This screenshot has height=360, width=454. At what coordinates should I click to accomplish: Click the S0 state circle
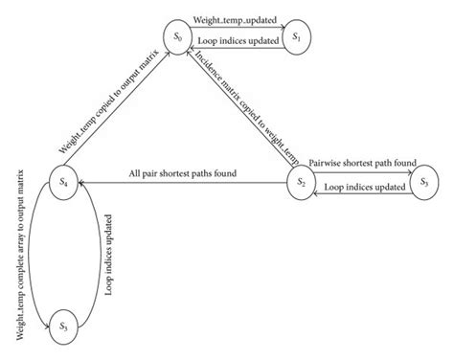[x=177, y=37]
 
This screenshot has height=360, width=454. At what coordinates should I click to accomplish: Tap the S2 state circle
[x=300, y=180]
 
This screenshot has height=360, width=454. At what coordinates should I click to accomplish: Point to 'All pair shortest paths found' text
[x=183, y=172]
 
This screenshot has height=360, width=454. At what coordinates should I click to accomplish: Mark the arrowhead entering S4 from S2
[x=82, y=181]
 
